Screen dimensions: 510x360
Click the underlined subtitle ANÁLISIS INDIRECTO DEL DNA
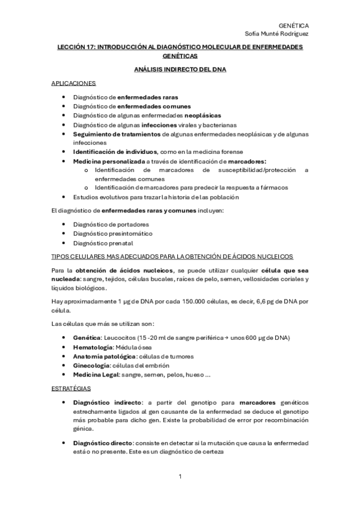[180, 70]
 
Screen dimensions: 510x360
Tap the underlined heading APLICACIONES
[73, 83]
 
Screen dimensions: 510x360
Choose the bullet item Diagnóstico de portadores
[111, 224]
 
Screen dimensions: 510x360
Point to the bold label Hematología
[93, 348]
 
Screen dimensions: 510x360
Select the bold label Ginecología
[92, 366]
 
